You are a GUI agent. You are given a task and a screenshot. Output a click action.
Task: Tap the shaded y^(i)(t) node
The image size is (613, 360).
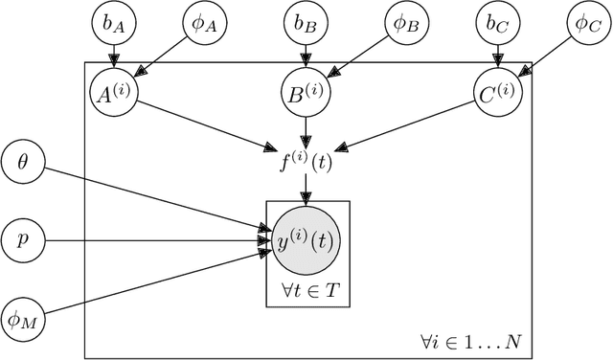[306, 240]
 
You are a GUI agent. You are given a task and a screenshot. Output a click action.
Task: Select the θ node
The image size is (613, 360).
[23, 162]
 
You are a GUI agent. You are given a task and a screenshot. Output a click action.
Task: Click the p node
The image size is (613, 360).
[23, 238]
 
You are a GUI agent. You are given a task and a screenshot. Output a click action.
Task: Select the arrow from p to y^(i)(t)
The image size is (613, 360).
[153, 239]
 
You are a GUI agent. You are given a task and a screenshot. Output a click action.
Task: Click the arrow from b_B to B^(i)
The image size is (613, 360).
[306, 58]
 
